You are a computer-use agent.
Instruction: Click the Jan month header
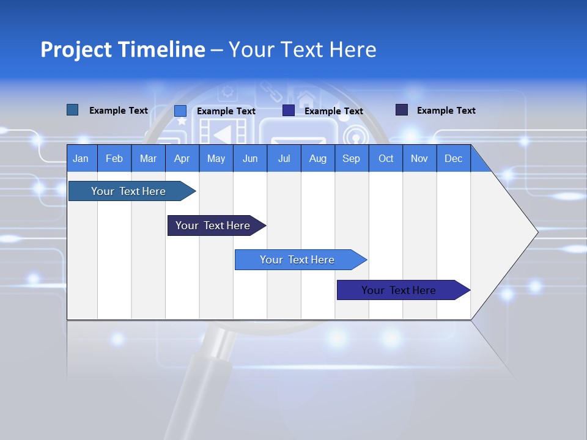(x=81, y=158)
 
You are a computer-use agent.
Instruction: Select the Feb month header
(x=114, y=158)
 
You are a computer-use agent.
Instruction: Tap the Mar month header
(x=148, y=158)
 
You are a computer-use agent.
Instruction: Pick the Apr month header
(x=182, y=158)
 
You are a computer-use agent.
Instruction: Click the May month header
(x=216, y=158)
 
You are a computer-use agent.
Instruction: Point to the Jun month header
(x=250, y=158)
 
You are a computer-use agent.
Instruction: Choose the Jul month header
(x=284, y=158)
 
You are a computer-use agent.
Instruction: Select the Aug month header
(x=317, y=158)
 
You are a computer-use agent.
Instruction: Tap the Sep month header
(x=352, y=158)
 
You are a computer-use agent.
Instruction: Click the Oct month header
(x=386, y=158)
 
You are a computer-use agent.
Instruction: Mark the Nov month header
(x=419, y=158)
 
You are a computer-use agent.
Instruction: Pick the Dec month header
(x=454, y=158)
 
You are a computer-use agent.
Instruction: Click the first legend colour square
(x=72, y=110)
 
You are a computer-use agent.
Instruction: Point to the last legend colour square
(x=402, y=110)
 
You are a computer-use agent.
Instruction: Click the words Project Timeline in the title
(x=123, y=50)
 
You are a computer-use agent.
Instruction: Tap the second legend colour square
(x=180, y=111)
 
